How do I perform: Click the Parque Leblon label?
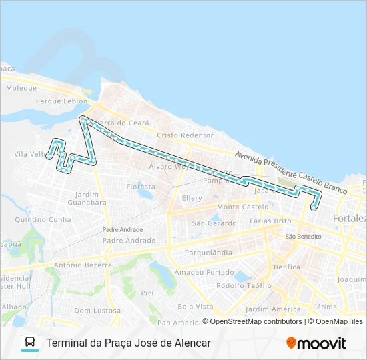pos(61,101)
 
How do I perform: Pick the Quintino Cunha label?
pos(43,219)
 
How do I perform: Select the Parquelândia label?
pos(208,253)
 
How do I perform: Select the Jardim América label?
pos(273,309)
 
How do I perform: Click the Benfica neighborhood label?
pos(286,267)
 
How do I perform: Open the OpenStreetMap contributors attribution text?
pos(254,321)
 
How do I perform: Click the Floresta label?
pos(141,187)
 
